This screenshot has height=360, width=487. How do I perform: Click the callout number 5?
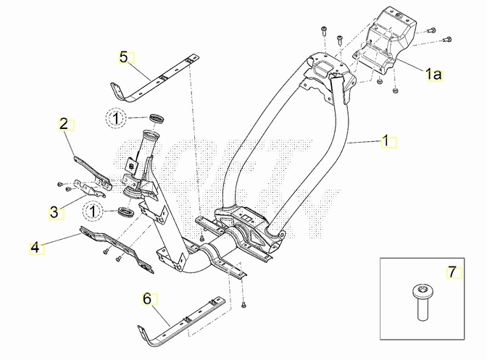123,56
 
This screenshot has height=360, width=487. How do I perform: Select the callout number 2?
64,124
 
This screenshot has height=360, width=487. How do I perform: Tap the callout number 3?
54,212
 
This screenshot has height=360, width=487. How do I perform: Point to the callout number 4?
34,248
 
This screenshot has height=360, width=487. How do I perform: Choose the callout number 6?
146,298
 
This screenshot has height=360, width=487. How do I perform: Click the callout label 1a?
433,73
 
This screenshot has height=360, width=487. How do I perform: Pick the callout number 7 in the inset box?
452,272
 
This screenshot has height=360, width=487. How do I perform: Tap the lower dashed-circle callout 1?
93,210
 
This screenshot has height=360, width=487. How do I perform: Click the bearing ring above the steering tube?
154,117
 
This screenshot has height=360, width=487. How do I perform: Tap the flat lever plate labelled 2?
91,167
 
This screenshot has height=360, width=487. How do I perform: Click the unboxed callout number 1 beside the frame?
386,140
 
